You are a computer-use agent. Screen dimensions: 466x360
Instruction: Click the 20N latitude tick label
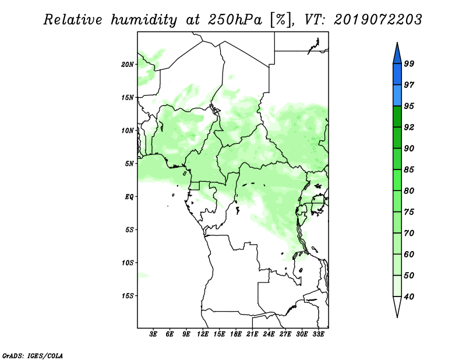[x=128, y=64]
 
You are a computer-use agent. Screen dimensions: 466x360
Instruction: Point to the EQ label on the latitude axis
[x=129, y=196]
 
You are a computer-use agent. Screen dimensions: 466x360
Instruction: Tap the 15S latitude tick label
[x=128, y=296]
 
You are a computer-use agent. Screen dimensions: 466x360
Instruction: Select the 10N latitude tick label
[x=128, y=130]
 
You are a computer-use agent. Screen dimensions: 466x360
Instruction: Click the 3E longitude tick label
[x=153, y=334]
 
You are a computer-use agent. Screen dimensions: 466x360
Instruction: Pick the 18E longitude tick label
[x=236, y=334]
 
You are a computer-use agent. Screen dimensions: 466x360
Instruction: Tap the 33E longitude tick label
[x=318, y=334]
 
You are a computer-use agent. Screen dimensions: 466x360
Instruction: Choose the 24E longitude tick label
[x=269, y=334]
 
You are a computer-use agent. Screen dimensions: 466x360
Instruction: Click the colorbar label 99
[x=409, y=63]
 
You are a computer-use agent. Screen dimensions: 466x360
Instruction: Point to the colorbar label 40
[x=409, y=297]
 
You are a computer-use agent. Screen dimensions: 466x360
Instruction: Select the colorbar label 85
[x=409, y=170]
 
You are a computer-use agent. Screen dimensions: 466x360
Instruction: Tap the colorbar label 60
[x=409, y=254]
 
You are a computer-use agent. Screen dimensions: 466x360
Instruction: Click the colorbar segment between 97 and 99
[x=397, y=75]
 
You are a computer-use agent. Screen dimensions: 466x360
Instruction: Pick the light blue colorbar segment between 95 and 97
[x=397, y=96]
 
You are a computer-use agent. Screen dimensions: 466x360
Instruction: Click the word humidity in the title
[x=144, y=20]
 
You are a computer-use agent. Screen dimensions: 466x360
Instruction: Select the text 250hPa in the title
[x=235, y=20]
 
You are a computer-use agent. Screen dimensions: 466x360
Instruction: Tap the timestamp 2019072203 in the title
[x=377, y=20]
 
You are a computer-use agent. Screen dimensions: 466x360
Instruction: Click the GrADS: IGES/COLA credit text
[x=33, y=355]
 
